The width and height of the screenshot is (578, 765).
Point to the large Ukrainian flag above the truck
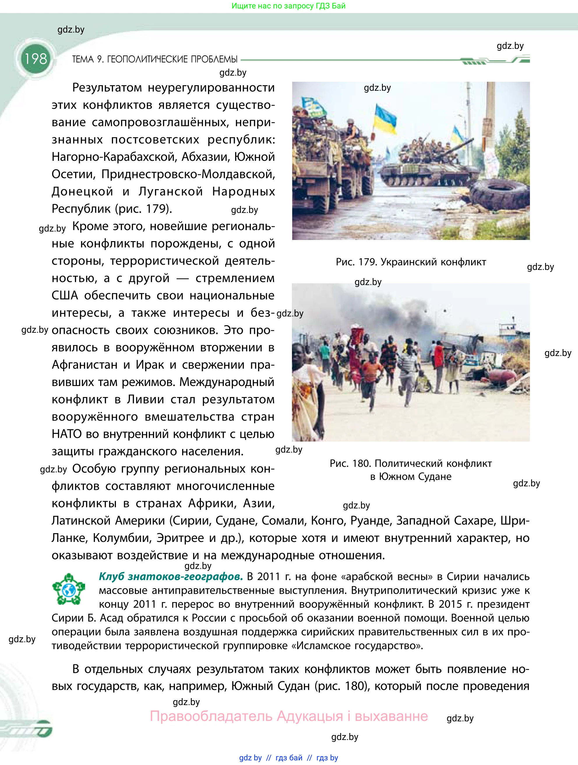[x=385, y=120]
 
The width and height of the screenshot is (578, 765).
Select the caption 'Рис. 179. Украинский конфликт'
[x=411, y=262]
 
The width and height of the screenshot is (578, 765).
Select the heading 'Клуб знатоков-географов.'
[x=171, y=577]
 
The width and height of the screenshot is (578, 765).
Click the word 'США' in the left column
[x=65, y=296]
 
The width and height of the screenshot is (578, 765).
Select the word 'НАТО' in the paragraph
[x=67, y=434]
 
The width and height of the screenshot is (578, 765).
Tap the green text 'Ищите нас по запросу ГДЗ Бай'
[x=288, y=6]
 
